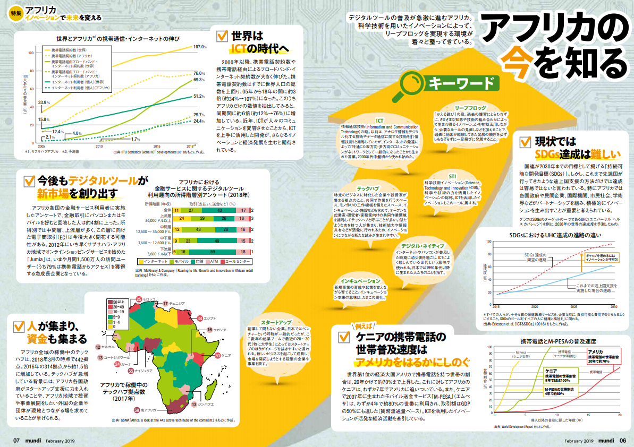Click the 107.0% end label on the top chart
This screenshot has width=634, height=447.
click(x=200, y=47)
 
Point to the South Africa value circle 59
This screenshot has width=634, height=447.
click(x=137, y=410)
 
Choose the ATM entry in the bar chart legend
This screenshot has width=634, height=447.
click(x=214, y=262)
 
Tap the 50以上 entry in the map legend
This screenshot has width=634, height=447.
click(x=118, y=303)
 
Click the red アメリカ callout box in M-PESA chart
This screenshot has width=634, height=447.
click(x=602, y=357)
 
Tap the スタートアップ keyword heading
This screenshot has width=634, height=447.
click(x=276, y=322)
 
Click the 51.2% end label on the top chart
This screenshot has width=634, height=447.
click(x=198, y=96)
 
